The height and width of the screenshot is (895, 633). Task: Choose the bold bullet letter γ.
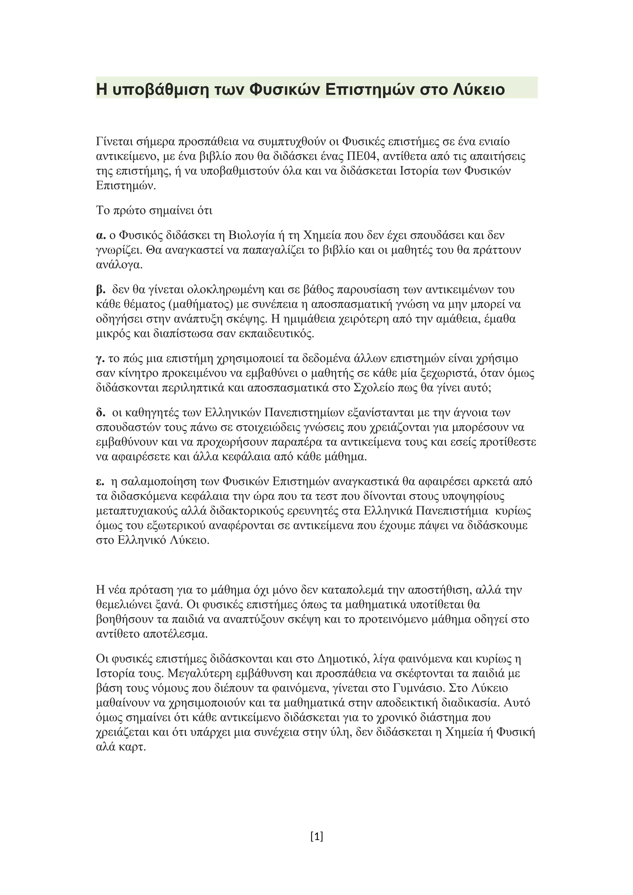(x=100, y=359)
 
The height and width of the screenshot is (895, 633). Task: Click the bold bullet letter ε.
(x=100, y=482)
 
